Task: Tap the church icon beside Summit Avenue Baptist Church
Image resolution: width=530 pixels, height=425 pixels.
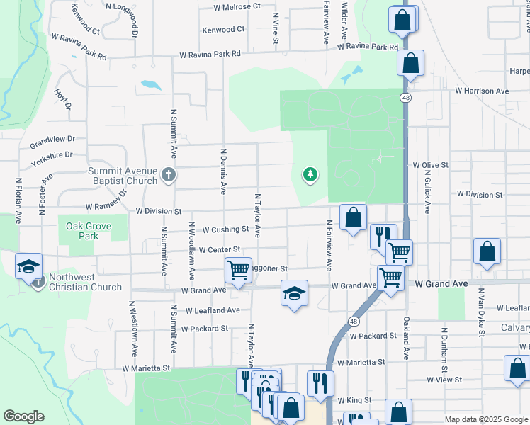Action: click(168, 174)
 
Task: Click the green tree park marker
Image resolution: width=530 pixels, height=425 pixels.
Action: click(310, 174)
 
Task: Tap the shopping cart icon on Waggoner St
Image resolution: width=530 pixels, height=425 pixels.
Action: click(238, 269)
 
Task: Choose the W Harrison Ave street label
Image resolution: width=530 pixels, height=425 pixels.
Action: click(482, 91)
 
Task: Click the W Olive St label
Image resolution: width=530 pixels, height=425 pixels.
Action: click(431, 165)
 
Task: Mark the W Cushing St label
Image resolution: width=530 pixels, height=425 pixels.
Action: click(225, 229)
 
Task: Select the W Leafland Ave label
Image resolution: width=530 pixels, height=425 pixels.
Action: click(213, 310)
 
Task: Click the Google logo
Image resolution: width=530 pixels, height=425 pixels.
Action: click(23, 416)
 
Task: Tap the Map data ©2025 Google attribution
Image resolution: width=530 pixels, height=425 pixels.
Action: click(485, 419)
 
